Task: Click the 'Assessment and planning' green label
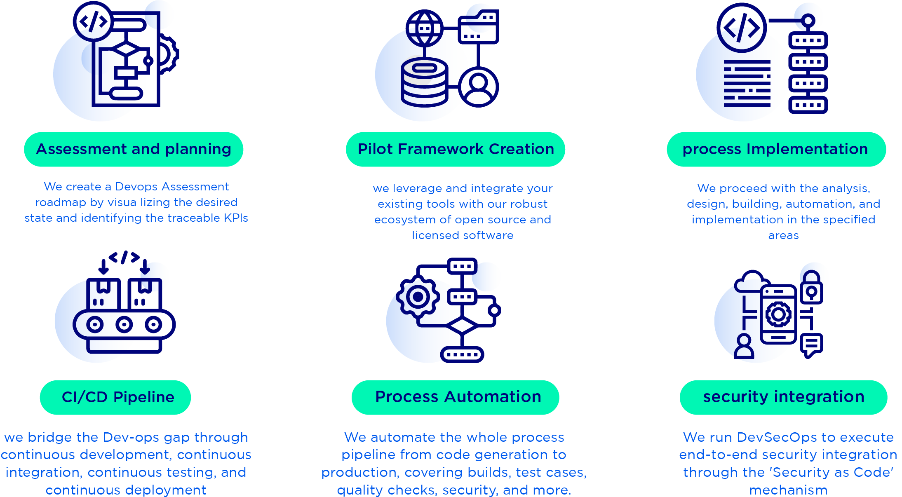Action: [x=134, y=149]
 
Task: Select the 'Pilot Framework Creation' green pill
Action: [x=456, y=149]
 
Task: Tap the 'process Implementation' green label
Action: [x=776, y=149]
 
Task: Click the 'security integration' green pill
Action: [x=783, y=397]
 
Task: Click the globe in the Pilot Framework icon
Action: [x=424, y=28]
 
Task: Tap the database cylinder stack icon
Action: [x=424, y=82]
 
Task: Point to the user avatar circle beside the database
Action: [x=478, y=87]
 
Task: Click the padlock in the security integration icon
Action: [x=811, y=288]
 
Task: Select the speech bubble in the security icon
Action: [x=811, y=345]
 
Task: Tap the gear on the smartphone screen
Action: [x=778, y=314]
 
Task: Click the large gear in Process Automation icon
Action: [x=418, y=297]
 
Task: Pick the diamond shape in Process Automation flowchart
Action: [x=462, y=326]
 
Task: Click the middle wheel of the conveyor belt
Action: [x=124, y=324]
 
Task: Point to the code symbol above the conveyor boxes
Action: [x=124, y=258]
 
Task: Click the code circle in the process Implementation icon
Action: [x=741, y=28]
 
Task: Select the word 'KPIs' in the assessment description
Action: [x=236, y=218]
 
